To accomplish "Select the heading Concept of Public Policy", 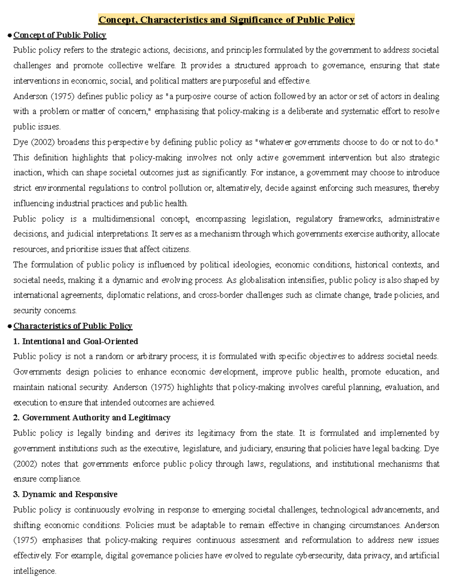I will click(60, 35).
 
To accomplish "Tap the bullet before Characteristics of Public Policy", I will click(9, 326).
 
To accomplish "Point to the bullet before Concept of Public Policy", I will click(9, 35).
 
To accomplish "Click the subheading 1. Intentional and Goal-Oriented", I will click(75, 341).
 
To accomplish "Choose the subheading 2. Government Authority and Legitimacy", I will click(92, 418).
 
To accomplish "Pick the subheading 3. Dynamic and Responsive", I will click(65, 494).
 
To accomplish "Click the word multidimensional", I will click(123, 219).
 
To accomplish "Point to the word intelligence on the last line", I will click(34, 571).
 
